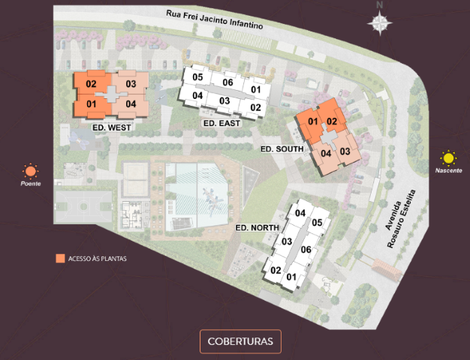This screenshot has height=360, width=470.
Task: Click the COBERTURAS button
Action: [240, 341]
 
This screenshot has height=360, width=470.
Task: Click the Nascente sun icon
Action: [448, 158]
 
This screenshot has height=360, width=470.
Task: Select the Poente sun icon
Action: [30, 171]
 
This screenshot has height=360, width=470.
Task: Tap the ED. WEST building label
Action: [112, 128]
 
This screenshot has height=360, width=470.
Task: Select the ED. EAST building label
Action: [221, 122]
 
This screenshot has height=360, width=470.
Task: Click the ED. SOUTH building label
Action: [282, 149]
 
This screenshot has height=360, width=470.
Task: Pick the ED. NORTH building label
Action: [257, 227]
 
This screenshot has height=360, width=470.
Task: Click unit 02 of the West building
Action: [92, 84]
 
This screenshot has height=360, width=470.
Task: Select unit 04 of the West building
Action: [131, 103]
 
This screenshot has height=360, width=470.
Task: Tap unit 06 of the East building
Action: [227, 82]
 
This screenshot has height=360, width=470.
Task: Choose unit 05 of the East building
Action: [198, 77]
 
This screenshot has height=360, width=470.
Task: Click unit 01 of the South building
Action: [313, 121]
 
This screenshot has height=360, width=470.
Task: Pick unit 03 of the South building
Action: [345, 151]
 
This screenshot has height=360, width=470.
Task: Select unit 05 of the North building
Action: [317, 222]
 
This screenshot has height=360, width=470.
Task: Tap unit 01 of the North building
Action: [291, 277]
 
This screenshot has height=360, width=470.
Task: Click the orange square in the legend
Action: [59, 259]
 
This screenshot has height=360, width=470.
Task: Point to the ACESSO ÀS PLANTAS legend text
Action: [98, 259]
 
